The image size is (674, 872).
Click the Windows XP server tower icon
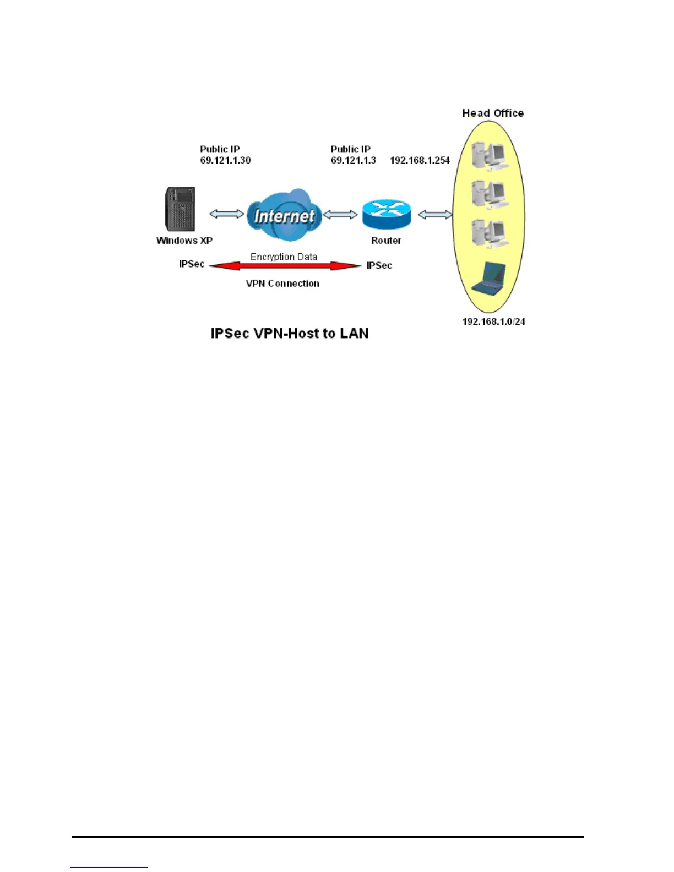180,209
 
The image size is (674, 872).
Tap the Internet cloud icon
284,215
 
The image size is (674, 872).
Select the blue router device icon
387,214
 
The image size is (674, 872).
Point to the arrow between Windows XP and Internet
226,214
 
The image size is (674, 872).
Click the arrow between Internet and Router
340,215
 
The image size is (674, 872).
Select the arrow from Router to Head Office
435,215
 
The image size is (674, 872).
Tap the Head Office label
493,113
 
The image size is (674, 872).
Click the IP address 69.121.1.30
225,160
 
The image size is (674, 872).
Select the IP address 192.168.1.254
420,160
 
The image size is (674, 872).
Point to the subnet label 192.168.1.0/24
493,321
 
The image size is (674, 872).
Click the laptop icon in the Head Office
490,278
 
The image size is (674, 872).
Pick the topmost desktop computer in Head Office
489,155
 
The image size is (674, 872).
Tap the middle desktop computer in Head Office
489,194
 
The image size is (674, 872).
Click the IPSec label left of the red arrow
192,264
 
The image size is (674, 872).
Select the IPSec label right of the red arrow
379,265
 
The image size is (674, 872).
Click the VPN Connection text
282,284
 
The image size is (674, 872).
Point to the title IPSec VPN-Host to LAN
290,334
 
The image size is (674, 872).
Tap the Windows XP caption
184,241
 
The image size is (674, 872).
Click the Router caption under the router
386,241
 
